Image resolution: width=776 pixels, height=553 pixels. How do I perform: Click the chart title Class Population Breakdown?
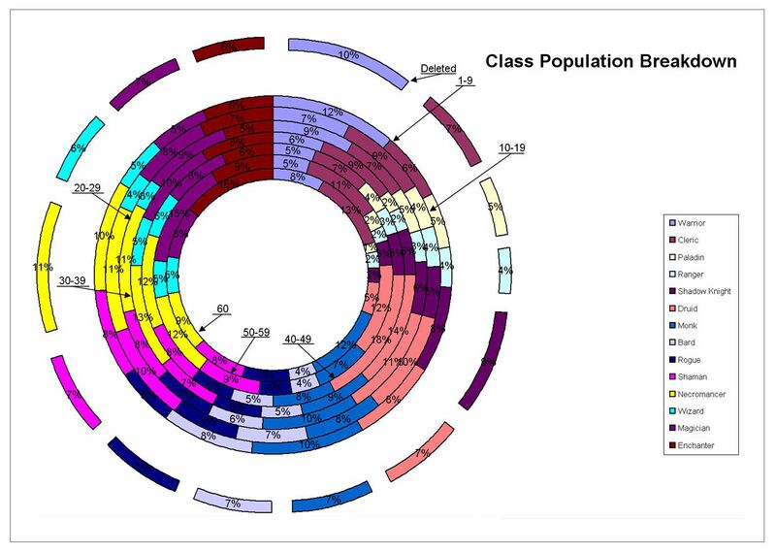(610, 61)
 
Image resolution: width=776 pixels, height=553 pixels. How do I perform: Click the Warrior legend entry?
(695, 223)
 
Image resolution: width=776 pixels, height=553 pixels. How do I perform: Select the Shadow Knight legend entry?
(704, 291)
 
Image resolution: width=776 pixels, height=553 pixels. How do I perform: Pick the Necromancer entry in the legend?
(702, 394)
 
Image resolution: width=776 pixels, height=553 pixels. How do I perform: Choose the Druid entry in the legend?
(692, 309)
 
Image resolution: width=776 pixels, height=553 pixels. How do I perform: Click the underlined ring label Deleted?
(438, 69)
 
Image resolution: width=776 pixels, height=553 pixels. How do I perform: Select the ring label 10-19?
(513, 147)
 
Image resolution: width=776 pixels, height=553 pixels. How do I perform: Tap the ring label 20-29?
(90, 188)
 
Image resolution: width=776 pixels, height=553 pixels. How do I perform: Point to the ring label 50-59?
(257, 333)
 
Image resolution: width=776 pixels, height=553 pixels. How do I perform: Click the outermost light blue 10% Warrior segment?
(349, 56)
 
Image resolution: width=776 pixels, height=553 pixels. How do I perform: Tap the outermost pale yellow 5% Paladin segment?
(494, 207)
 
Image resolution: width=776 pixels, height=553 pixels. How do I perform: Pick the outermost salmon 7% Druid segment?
(420, 453)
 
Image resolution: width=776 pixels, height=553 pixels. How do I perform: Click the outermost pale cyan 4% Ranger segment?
(504, 272)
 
